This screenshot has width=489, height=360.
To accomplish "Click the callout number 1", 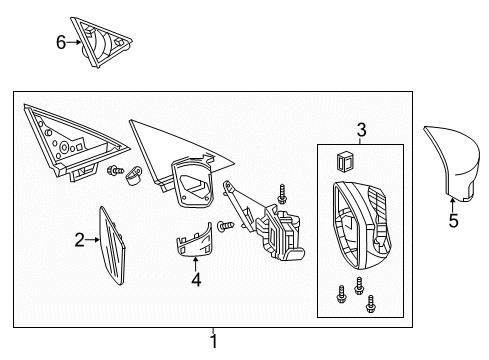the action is pyautogui.click(x=214, y=341).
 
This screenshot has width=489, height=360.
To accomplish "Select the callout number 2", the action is pyautogui.click(x=79, y=240).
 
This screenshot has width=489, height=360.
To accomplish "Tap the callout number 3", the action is pyautogui.click(x=361, y=130).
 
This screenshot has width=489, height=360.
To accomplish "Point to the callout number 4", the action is pyautogui.click(x=196, y=279).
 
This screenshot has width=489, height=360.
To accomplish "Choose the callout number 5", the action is pyautogui.click(x=453, y=220).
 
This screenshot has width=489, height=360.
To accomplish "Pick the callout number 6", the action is pyautogui.click(x=61, y=42).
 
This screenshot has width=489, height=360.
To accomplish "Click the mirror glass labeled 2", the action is pyautogui.click(x=113, y=245).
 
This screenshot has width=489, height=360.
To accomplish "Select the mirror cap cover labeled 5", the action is pyautogui.click(x=451, y=163).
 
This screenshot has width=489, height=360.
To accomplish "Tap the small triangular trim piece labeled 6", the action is pyautogui.click(x=101, y=42).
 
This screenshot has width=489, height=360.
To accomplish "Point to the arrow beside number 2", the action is pyautogui.click(x=93, y=240).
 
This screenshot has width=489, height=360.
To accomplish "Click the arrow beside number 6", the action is pyautogui.click(x=74, y=42).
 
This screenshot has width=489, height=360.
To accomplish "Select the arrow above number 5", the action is pyautogui.click(x=452, y=205).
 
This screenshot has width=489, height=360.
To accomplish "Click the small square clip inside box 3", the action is pyautogui.click(x=344, y=161).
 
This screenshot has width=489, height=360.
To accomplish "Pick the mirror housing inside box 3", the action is pyautogui.click(x=362, y=226).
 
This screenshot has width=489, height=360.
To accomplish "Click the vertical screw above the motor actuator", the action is pyautogui.click(x=282, y=193).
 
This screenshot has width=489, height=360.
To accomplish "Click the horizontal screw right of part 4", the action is pyautogui.click(x=225, y=227).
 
